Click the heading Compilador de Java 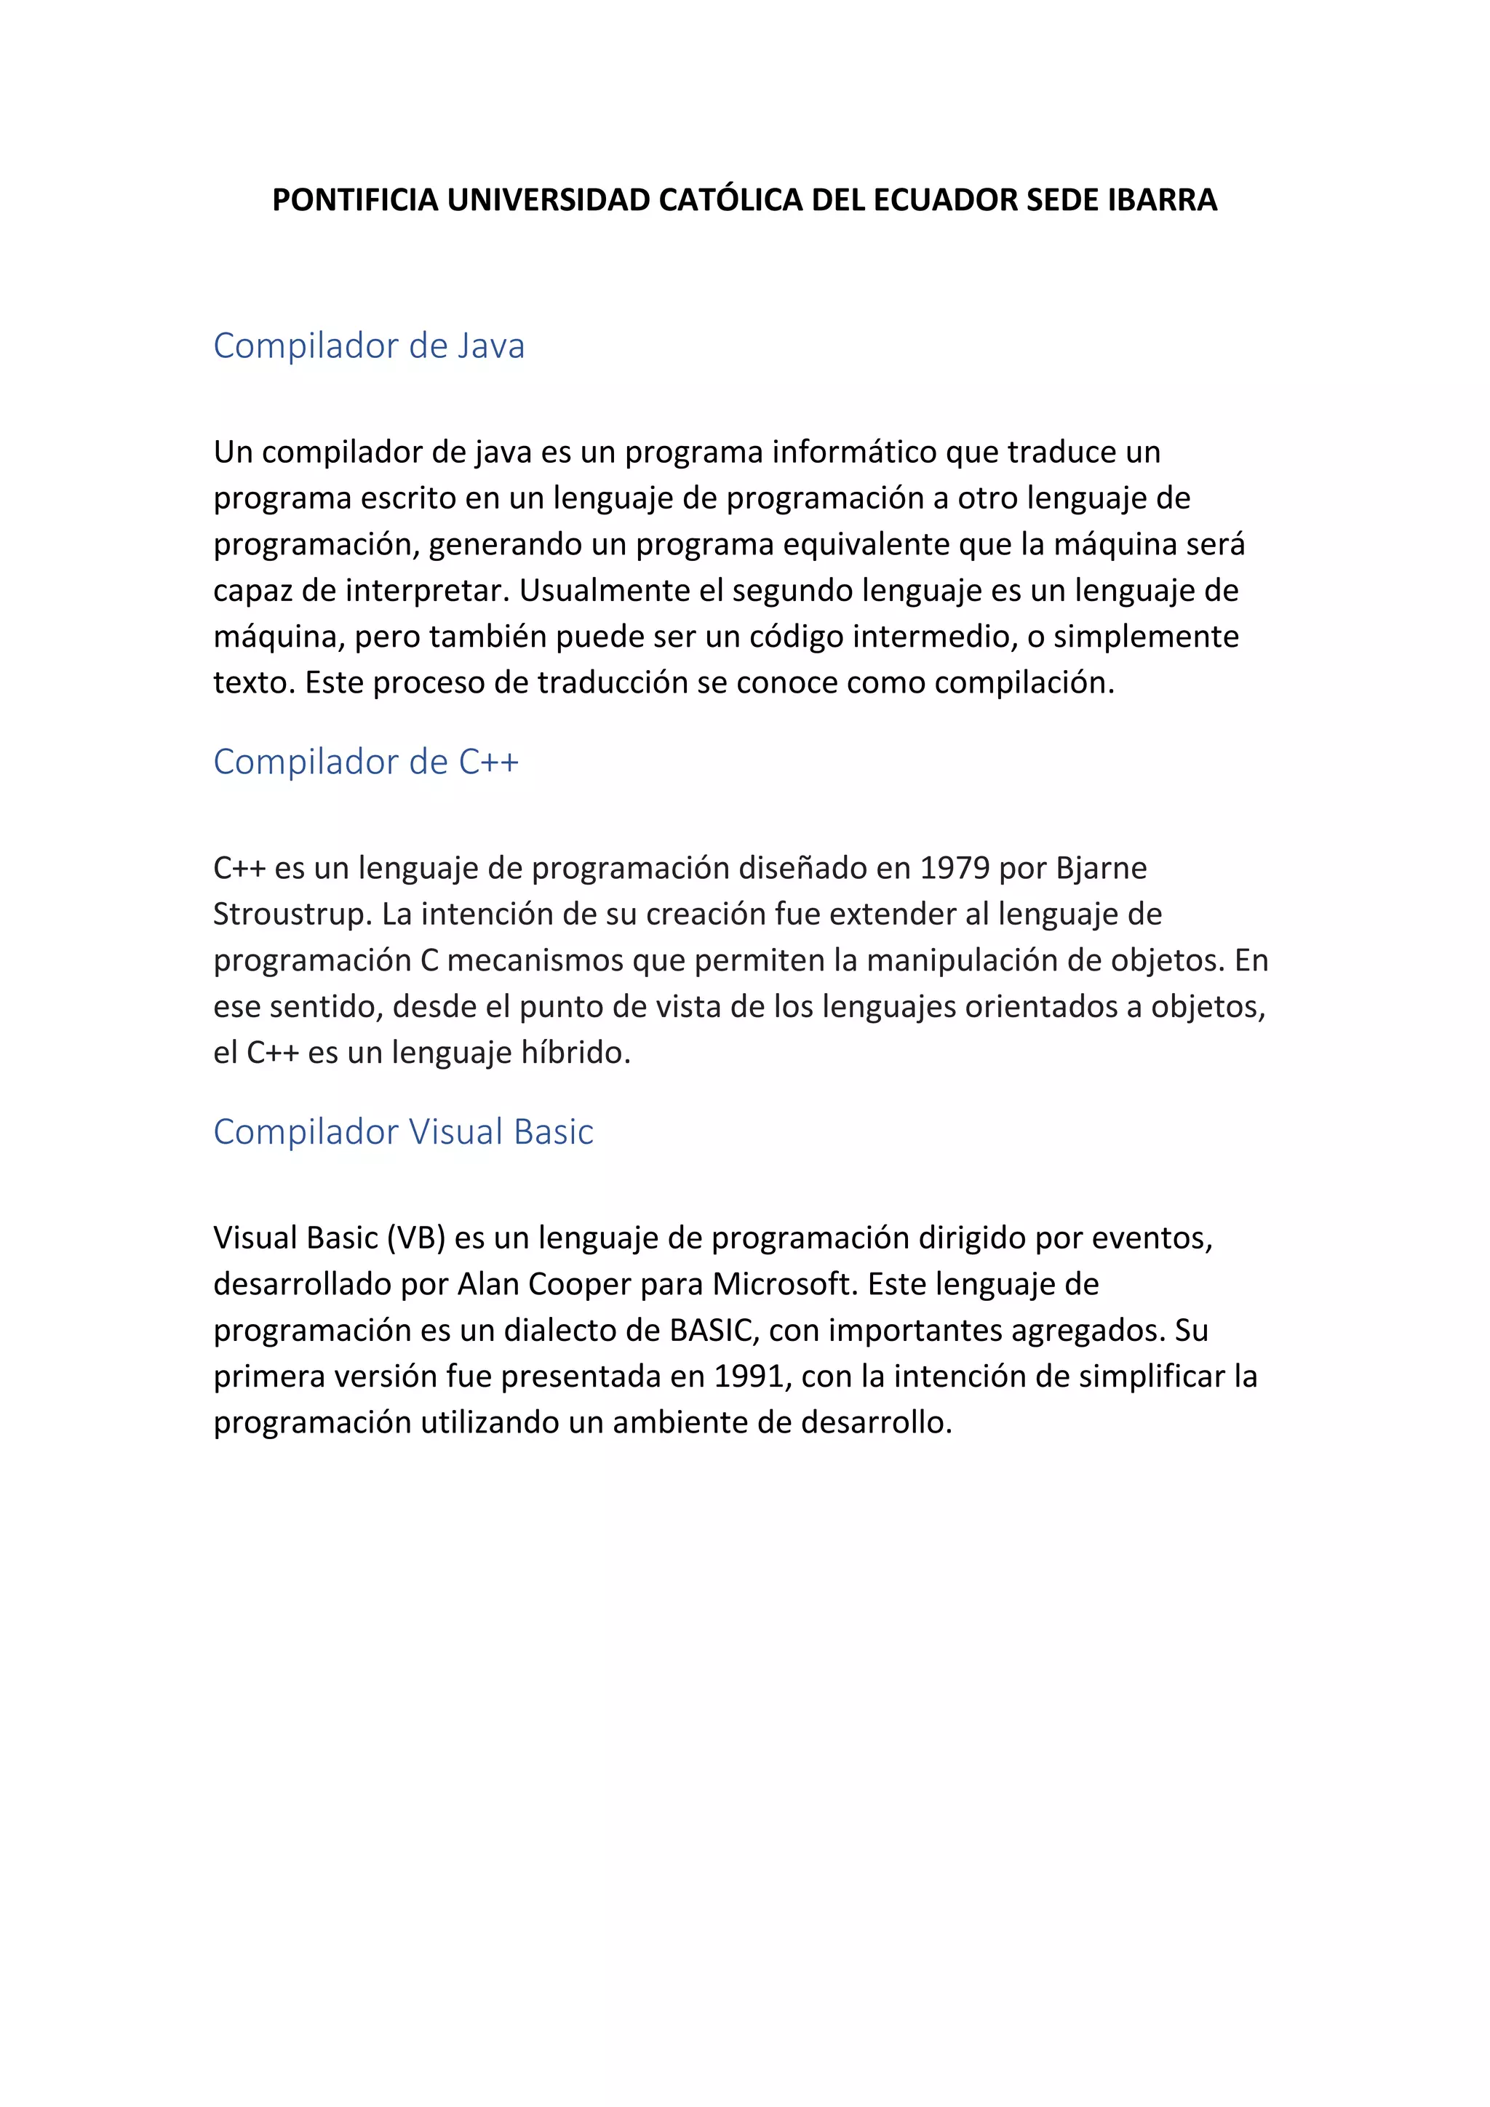click(x=369, y=346)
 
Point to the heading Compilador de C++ click(x=366, y=762)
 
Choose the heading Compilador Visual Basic click(x=403, y=1131)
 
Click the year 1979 click(x=955, y=868)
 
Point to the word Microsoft click(x=785, y=1284)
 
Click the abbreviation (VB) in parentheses click(x=417, y=1238)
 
